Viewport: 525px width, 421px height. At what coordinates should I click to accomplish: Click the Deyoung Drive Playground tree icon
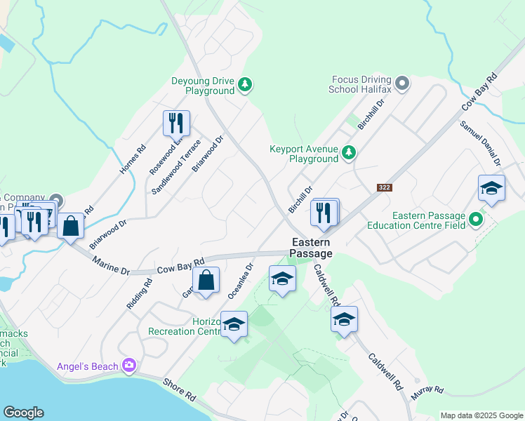coord(244,85)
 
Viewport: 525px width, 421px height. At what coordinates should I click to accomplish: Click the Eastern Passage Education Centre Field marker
coord(476,220)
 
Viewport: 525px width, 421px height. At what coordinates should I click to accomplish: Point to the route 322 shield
coord(383,187)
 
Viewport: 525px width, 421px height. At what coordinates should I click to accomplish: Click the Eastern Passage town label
coord(312,247)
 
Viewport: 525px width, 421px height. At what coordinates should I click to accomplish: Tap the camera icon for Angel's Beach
coord(128,365)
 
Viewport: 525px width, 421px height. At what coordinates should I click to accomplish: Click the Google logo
coord(23,413)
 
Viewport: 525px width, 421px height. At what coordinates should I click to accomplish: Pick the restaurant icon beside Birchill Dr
coord(324,212)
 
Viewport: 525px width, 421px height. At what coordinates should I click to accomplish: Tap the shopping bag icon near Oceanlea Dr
coord(206,281)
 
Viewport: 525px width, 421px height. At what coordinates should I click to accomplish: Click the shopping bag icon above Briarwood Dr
coord(71,226)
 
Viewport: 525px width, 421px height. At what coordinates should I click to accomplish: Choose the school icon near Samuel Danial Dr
coord(491,188)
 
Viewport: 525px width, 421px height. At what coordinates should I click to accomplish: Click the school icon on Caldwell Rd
coord(344,319)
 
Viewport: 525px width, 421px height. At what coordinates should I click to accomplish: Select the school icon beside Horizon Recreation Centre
coord(234,324)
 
